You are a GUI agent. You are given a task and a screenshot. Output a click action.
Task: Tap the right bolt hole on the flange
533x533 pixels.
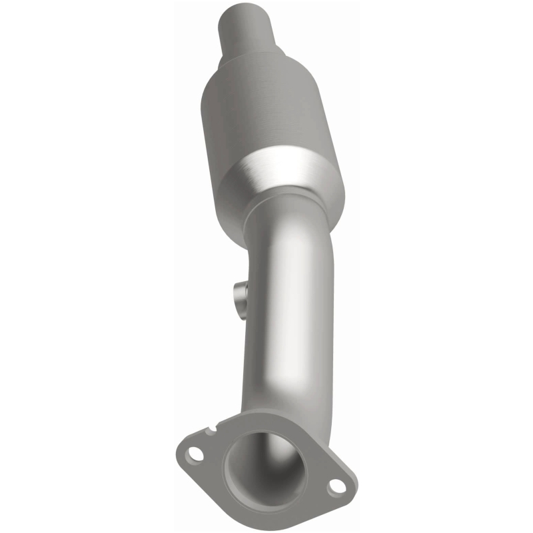pyautogui.click(x=338, y=486)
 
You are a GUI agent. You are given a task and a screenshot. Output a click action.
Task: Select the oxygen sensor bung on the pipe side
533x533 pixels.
pyautogui.click(x=239, y=293)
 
